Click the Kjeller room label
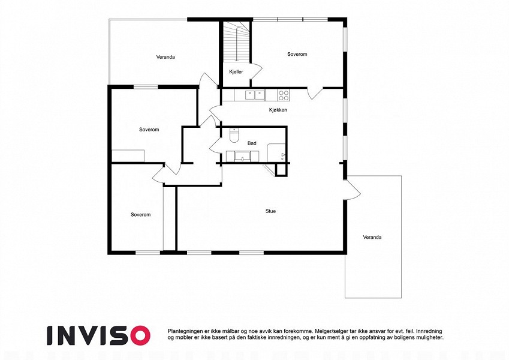(236, 72)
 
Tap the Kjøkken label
(278, 110)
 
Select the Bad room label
(252, 143)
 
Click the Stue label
(270, 211)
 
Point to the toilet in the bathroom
(234, 136)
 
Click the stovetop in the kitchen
(284, 95)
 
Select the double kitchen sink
(255, 95)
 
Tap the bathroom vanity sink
(242, 156)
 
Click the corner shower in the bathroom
(276, 152)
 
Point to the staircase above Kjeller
(237, 41)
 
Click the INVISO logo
(99, 335)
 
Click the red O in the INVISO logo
(140, 335)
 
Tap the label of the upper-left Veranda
(165, 57)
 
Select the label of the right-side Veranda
(372, 237)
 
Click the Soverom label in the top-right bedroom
(297, 54)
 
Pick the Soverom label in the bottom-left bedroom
(140, 215)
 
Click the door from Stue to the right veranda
(353, 191)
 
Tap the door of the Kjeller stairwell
(256, 71)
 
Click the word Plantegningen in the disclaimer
(183, 331)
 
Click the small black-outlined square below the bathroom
(281, 170)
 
